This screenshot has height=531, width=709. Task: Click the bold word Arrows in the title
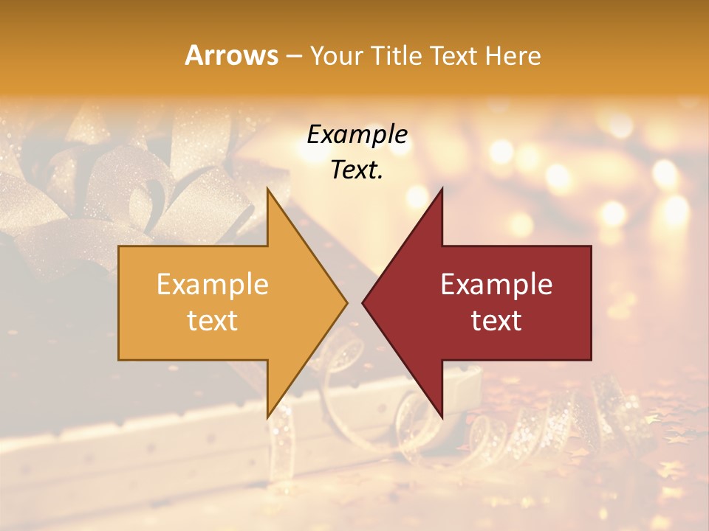pyautogui.click(x=232, y=55)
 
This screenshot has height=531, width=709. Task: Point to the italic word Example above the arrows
pyautogui.click(x=357, y=134)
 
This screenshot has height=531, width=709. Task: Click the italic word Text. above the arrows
pyautogui.click(x=357, y=170)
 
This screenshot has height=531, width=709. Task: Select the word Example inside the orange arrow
pyautogui.click(x=213, y=284)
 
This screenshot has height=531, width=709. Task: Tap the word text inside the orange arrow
pyautogui.click(x=213, y=320)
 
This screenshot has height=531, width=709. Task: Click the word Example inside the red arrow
pyautogui.click(x=496, y=284)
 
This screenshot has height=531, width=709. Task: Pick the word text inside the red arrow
pyautogui.click(x=496, y=320)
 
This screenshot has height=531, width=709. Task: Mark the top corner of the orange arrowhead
pyautogui.click(x=268, y=189)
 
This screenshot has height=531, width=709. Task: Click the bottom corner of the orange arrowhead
pyautogui.click(x=268, y=417)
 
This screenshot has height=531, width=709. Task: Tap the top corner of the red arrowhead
pyautogui.click(x=442, y=189)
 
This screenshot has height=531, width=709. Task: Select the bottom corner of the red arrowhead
pyautogui.click(x=442, y=417)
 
